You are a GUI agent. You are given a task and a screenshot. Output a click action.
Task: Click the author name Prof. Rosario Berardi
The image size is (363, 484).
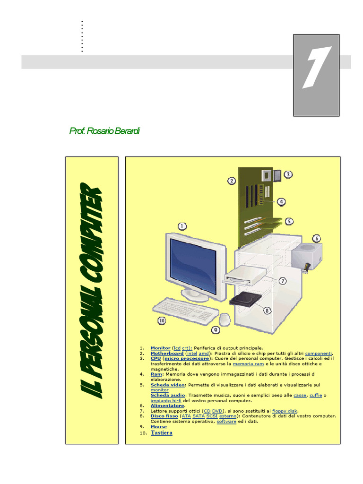pyautogui.click(x=104, y=131)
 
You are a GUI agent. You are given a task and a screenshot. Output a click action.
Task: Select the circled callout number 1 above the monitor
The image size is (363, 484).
pyautogui.click(x=182, y=226)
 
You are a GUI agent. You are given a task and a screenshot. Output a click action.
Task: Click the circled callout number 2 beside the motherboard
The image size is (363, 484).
pyautogui.click(x=232, y=181)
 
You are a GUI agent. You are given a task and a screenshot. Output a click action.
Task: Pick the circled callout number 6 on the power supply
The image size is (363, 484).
pyautogui.click(x=317, y=238)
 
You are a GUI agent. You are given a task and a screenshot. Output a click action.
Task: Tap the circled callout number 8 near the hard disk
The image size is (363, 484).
pyautogui.click(x=268, y=311)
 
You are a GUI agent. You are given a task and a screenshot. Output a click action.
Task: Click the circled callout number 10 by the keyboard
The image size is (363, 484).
pyautogui.click(x=162, y=320)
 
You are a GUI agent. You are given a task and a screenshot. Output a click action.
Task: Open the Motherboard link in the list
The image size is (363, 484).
pyautogui.click(x=167, y=353)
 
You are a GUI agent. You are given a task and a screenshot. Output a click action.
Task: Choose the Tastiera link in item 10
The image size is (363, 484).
pyautogui.click(x=162, y=433)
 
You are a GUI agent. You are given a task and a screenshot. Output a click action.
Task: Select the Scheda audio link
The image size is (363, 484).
pyautogui.click(x=168, y=395)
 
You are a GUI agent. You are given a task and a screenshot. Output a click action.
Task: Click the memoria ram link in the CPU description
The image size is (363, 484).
pyautogui.click(x=248, y=364)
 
